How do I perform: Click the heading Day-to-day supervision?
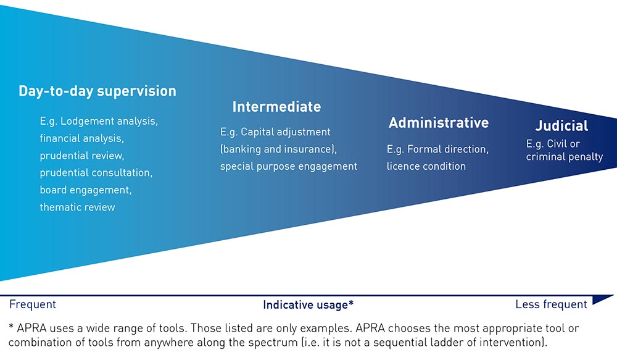(x=97, y=91)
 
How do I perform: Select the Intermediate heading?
(x=276, y=107)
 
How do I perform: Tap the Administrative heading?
(x=439, y=123)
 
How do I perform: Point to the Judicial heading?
(x=561, y=125)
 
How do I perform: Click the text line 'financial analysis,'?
(x=82, y=139)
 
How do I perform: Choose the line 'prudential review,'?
(x=82, y=156)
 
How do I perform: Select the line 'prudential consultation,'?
(x=96, y=173)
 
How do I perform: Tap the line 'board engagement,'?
(x=86, y=190)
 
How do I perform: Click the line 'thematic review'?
(x=77, y=207)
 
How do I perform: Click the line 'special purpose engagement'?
(x=288, y=167)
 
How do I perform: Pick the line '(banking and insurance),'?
(x=279, y=149)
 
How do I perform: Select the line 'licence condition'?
(x=426, y=166)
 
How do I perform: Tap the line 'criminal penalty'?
(x=565, y=157)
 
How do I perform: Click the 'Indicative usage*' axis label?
(x=308, y=305)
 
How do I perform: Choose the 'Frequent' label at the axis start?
(x=32, y=304)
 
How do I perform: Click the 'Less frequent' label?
(x=551, y=304)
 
